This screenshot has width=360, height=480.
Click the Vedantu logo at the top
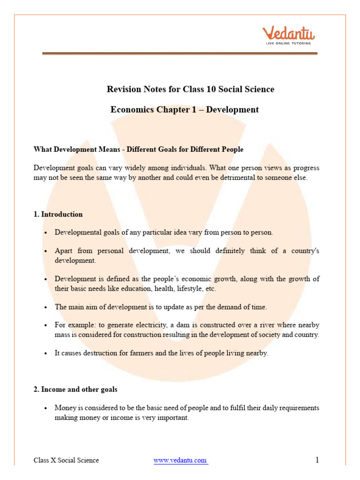[x=288, y=34]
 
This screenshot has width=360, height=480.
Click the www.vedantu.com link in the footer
[x=180, y=460]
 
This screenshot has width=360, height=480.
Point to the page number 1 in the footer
[x=317, y=460]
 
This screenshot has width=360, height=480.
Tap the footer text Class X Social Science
[x=66, y=460]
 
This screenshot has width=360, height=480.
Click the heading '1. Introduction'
[x=58, y=214]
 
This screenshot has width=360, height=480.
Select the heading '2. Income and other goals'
[x=75, y=390]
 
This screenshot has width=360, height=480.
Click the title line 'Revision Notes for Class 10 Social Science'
[x=190, y=89]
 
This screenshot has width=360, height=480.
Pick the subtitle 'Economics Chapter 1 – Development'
[x=184, y=110]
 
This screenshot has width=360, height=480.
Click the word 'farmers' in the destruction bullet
[x=142, y=353]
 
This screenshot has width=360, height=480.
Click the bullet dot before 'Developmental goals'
[x=45, y=232]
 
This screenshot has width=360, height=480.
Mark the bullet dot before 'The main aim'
[x=45, y=307]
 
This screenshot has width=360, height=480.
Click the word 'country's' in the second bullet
[x=304, y=251]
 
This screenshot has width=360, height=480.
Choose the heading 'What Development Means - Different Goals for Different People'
[x=138, y=150]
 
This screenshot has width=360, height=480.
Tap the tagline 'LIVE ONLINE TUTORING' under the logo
[x=288, y=43]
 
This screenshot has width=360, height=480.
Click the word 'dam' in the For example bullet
[x=191, y=325]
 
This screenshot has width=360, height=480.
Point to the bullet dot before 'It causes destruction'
[x=45, y=353]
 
